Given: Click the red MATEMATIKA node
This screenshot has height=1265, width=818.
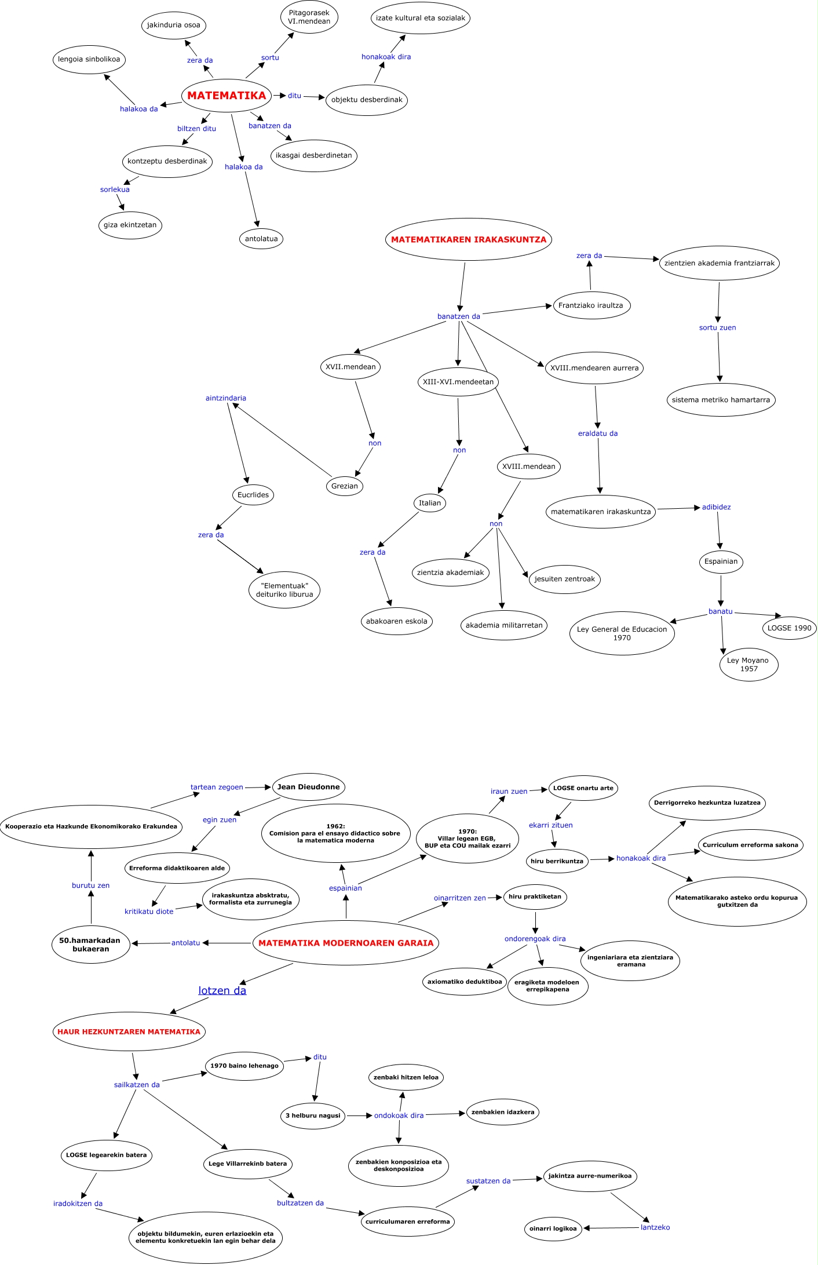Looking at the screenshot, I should (227, 96).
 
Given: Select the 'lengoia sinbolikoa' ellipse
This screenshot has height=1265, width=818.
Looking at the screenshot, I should (89, 59).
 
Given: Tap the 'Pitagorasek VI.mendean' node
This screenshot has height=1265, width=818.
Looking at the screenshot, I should (309, 17).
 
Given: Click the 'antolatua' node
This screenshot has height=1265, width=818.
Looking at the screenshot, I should (261, 239).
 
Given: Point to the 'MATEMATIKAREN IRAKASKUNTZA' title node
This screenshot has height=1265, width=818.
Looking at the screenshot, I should (468, 239).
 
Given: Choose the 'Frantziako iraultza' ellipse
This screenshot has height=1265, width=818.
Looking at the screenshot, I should (591, 305).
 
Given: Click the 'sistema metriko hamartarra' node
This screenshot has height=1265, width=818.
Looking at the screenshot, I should (721, 400).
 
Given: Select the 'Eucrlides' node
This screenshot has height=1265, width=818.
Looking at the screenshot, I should (253, 495).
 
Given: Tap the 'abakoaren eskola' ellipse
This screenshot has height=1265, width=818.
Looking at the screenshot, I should (396, 621).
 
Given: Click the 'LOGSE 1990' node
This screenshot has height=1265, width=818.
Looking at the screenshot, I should (789, 628).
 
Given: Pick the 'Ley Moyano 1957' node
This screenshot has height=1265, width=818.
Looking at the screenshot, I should (748, 665).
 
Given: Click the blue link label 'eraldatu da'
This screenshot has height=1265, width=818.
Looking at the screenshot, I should (598, 433).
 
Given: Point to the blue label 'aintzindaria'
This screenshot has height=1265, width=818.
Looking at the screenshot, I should (226, 398).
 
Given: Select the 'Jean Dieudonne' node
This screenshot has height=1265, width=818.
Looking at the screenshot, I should (309, 787).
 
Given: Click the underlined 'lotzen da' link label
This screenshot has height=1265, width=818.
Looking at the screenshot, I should (222, 990).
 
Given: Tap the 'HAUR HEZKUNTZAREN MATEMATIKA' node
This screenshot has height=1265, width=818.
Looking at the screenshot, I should (129, 1031).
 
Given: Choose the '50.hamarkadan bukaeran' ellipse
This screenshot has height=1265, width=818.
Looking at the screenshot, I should (91, 945).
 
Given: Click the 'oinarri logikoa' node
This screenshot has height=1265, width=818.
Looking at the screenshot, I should (553, 1228).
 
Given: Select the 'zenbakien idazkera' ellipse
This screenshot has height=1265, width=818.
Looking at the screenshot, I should (503, 1112).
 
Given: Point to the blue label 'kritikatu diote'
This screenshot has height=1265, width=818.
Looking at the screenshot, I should (149, 912).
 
